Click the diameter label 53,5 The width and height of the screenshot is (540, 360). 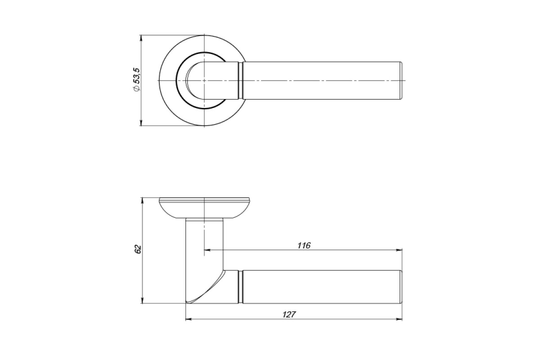(137, 76)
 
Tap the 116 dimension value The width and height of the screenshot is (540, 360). (304, 245)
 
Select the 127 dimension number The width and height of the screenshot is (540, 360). (289, 315)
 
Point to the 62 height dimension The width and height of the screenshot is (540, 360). (137, 249)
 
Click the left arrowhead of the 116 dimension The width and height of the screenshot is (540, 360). (207, 250)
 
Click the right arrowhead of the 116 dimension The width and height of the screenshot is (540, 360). (400, 250)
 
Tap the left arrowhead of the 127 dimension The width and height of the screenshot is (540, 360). (189, 319)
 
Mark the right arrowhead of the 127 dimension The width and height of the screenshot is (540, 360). (400, 319)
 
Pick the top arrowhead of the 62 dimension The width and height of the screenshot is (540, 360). (142, 201)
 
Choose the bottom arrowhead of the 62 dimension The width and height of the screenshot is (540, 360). (142, 301)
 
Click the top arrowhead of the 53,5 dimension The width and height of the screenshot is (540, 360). (141, 38)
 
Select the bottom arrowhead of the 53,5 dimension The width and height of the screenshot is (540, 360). (141, 123)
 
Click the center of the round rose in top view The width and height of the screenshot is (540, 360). (204, 80)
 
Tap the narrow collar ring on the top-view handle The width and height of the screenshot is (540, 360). (240, 80)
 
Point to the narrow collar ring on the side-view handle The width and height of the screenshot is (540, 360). (240, 287)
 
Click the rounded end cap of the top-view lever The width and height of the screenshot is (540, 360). (401, 80)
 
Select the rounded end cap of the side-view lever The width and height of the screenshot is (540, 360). (401, 287)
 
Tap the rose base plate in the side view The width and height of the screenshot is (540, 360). (204, 208)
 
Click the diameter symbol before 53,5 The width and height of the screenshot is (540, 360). (136, 89)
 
